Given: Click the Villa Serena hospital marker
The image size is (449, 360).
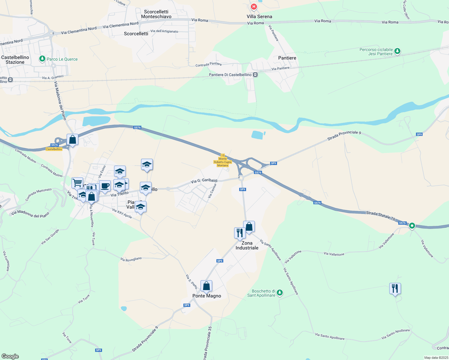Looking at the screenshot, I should [254, 7].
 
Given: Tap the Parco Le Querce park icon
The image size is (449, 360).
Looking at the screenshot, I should [42, 59].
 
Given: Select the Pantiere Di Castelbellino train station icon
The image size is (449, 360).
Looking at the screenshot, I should [255, 75].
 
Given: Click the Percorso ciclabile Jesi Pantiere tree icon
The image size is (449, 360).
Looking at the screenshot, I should [397, 51].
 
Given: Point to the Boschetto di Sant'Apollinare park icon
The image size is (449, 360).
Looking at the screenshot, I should [280, 292].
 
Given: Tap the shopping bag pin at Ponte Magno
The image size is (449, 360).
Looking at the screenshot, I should [206, 286].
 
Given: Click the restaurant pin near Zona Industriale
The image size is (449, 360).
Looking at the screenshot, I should [240, 233].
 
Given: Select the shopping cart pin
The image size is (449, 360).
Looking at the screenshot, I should [77, 182].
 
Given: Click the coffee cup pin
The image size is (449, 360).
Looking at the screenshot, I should [105, 186].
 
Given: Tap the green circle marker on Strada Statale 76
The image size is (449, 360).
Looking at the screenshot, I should [412, 226].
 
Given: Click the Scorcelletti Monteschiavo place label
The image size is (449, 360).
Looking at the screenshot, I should [156, 14].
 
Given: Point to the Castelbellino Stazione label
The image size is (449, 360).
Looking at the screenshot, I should [15, 60].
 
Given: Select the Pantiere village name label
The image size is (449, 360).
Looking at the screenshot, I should [287, 58].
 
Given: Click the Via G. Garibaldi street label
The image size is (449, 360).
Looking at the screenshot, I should [204, 181].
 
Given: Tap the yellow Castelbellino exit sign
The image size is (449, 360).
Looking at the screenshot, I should [54, 149].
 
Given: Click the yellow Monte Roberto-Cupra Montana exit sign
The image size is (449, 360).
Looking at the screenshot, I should [223, 162].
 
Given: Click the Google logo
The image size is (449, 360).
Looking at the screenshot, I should [10, 356].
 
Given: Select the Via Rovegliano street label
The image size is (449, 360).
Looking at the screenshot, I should [131, 259].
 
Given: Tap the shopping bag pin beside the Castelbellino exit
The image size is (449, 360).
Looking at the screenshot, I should [72, 139].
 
